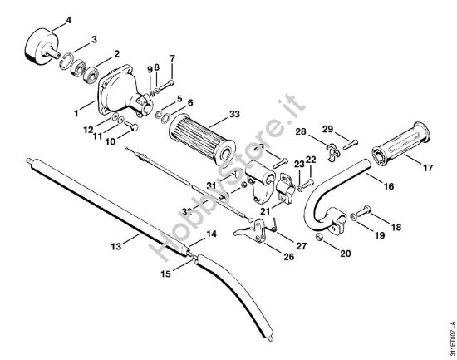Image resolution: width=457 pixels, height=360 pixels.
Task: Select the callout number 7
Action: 172,57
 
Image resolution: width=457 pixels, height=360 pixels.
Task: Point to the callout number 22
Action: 311,159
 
